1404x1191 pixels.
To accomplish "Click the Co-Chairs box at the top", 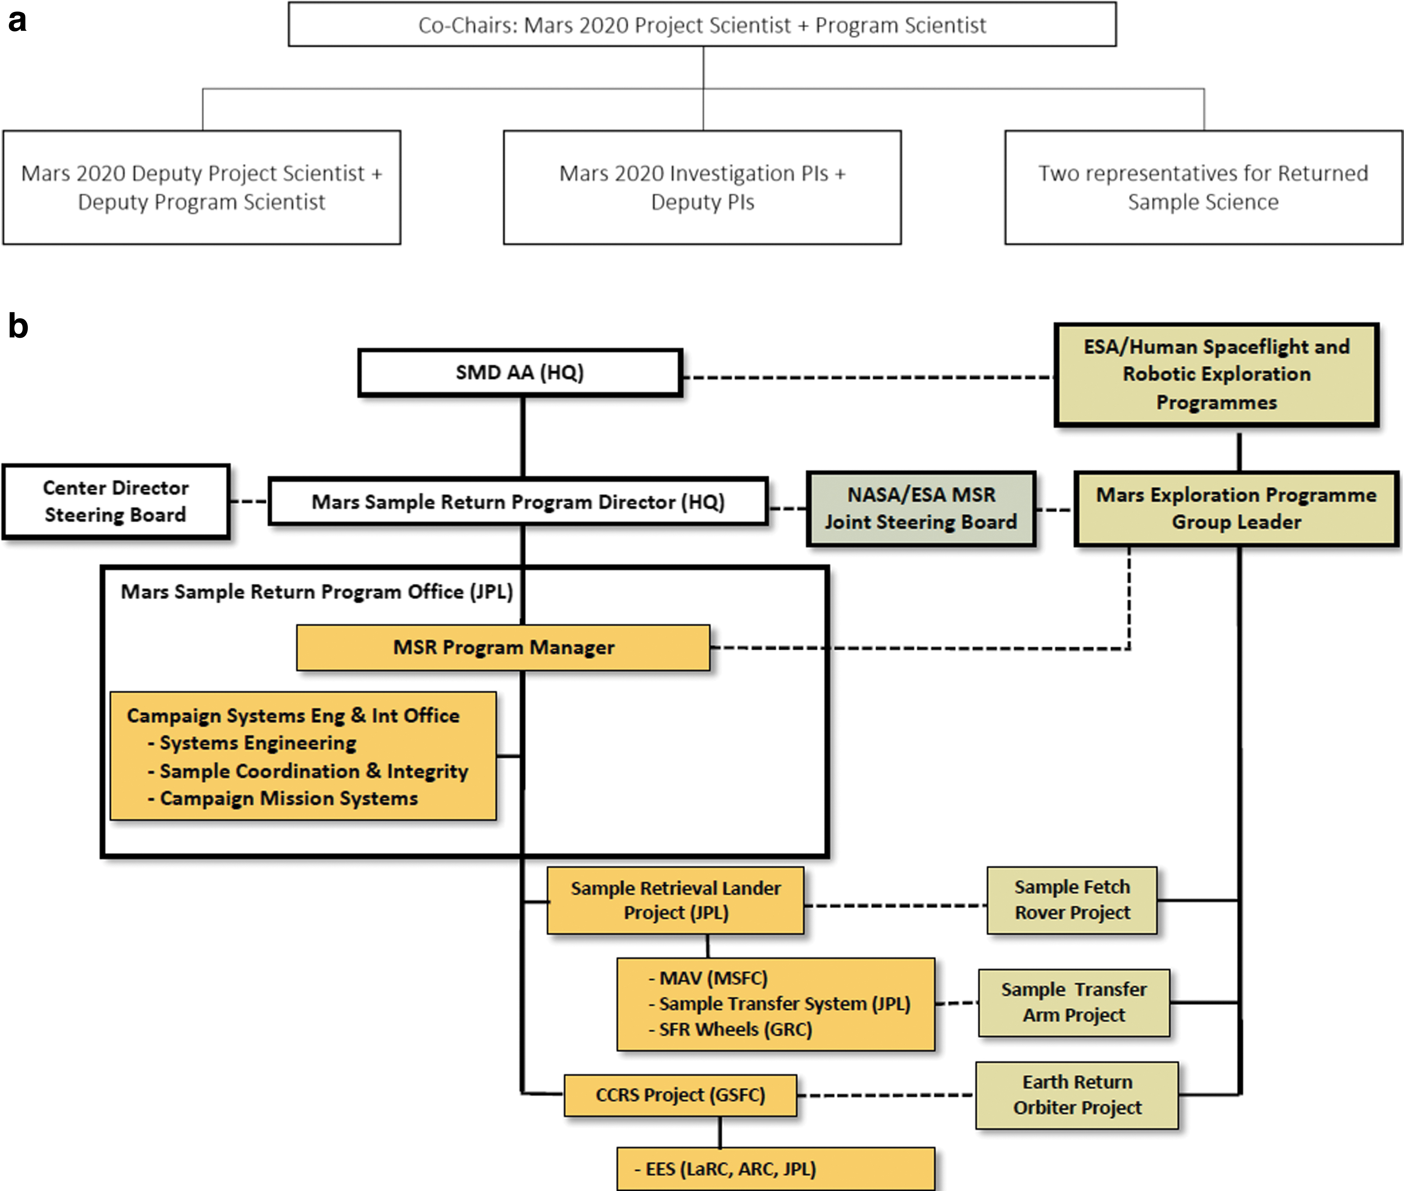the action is (x=702, y=24).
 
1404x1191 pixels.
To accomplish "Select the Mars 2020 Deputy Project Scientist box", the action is (x=202, y=187).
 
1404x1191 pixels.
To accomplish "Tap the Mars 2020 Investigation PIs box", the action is (x=702, y=187).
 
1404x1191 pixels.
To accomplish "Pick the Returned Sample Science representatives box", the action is (x=1204, y=187).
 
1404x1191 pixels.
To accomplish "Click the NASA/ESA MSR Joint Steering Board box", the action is (x=921, y=508).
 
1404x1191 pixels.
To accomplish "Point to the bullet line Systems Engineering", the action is (x=252, y=743).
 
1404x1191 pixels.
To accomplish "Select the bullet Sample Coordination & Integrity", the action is (x=308, y=771).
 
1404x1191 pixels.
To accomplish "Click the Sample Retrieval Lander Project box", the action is (x=676, y=900).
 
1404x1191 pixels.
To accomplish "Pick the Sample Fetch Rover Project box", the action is (x=1072, y=900).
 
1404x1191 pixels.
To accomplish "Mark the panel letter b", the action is (x=18, y=326).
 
